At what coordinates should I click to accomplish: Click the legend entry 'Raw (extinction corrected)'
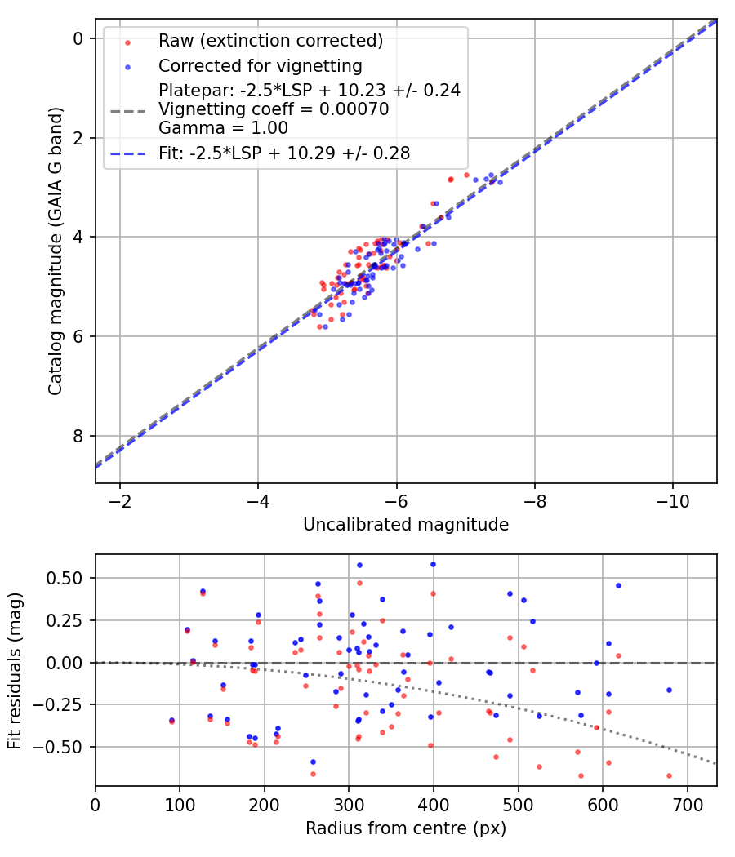click(x=270, y=41)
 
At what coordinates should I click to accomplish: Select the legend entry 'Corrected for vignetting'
click(x=260, y=65)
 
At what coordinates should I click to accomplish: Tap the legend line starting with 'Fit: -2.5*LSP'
click(x=284, y=153)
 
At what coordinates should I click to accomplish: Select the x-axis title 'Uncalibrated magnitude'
click(x=406, y=525)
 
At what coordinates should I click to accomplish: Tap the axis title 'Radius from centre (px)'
click(x=406, y=828)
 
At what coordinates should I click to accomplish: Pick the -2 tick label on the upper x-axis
click(x=120, y=497)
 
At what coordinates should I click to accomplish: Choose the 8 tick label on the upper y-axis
click(x=78, y=436)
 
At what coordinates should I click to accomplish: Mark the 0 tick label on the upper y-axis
click(x=78, y=38)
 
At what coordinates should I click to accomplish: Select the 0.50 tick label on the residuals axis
click(x=69, y=578)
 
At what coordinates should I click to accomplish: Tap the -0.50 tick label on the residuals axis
click(x=66, y=747)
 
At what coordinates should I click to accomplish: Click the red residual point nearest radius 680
click(x=669, y=775)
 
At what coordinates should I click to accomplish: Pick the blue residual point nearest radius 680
click(x=669, y=690)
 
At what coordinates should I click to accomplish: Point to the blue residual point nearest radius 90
click(x=171, y=720)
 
